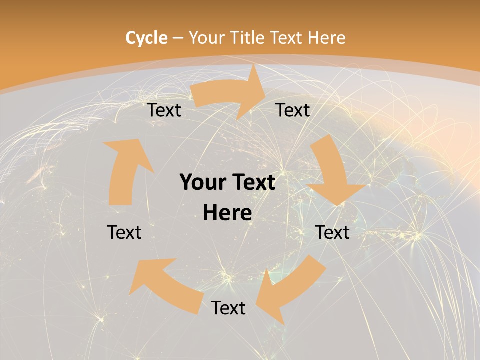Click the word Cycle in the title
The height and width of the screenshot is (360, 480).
(146, 38)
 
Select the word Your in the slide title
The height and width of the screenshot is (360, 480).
(205, 38)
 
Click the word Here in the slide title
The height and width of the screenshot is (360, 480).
(326, 38)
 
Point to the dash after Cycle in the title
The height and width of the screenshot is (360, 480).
(178, 38)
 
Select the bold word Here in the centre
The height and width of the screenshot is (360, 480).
(227, 213)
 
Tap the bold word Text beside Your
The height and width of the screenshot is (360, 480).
(252, 183)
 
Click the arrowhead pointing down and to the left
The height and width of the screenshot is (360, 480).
(267, 300)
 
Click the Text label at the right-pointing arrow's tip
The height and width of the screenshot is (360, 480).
(293, 110)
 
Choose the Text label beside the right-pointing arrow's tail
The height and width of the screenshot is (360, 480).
(164, 110)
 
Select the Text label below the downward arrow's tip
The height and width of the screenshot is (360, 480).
(333, 232)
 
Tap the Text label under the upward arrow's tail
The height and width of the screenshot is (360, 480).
(124, 232)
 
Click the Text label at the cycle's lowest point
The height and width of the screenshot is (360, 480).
(228, 308)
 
